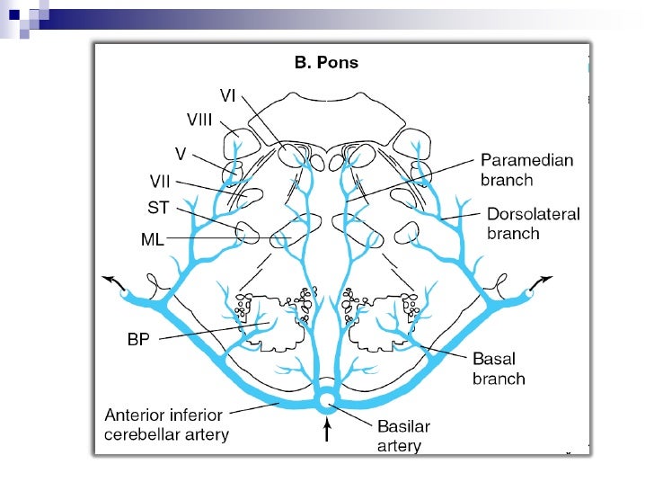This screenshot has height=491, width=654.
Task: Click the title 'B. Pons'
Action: [327, 63]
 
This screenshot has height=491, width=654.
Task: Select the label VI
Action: [228, 94]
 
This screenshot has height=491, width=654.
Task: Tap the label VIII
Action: [199, 119]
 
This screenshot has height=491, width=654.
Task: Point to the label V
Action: [180, 154]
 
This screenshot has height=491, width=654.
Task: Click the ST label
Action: [158, 209]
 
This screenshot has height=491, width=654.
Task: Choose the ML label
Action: [153, 239]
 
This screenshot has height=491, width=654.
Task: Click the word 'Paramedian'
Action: [526, 160]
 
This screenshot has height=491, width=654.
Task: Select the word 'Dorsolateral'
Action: [533, 214]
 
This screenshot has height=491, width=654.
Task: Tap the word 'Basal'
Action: [493, 359]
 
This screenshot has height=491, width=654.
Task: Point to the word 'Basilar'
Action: [403, 426]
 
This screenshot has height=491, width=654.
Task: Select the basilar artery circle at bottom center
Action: [328, 398]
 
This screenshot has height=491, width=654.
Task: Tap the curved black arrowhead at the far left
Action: [110, 280]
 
